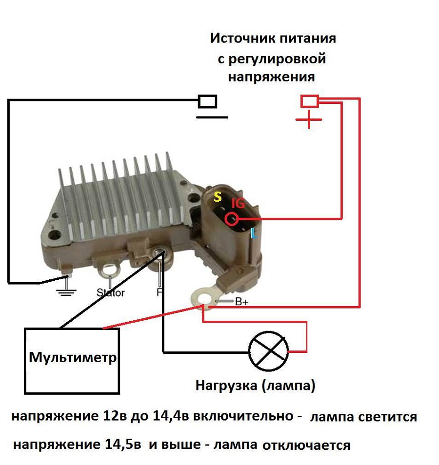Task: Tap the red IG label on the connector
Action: click(238, 203)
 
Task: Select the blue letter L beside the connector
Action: click(253, 233)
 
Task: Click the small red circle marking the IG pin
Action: click(231, 219)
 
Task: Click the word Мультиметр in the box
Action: click(73, 358)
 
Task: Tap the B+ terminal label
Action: click(242, 302)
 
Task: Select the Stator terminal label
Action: click(110, 293)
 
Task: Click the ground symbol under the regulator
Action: click(66, 292)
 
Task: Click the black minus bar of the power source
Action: click(212, 117)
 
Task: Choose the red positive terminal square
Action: click(309, 101)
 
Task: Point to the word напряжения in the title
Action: click(272, 77)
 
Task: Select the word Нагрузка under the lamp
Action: click(226, 386)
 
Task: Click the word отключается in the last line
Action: click(306, 445)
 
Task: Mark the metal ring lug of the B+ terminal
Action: click(200, 296)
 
